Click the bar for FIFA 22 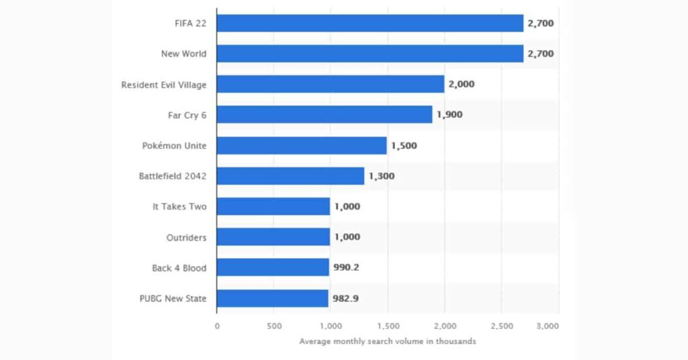[x=370, y=23]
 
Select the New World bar [x=370, y=54]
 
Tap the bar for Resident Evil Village [x=330, y=84]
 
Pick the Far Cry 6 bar [x=325, y=114]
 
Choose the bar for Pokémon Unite [x=302, y=146]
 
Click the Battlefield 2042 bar [x=290, y=176]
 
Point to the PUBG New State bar [x=272, y=298]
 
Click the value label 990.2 [x=346, y=267]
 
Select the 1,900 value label [x=449, y=114]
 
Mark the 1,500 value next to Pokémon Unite [x=404, y=146]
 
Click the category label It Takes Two [x=179, y=207]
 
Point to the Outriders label [x=187, y=237]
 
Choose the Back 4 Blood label [x=179, y=268]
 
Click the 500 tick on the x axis [x=273, y=326]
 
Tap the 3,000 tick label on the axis [x=548, y=326]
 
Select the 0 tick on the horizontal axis [x=217, y=326]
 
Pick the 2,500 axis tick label [x=502, y=326]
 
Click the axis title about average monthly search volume [x=388, y=341]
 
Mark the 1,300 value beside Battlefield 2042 [x=381, y=176]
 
